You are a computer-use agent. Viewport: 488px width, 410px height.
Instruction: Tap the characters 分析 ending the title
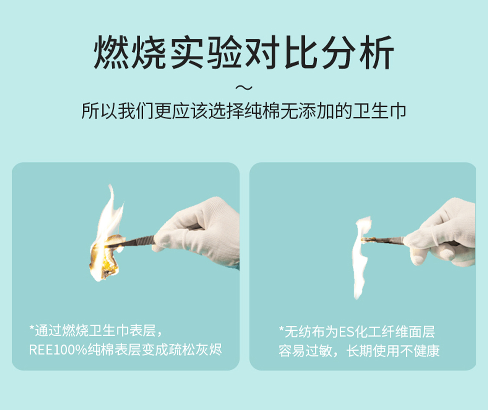(358, 52)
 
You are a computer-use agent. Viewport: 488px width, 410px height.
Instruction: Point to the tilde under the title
(244, 88)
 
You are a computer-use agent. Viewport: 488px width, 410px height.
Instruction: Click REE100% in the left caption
(58, 350)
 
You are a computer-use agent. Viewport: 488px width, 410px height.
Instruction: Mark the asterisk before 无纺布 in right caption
(282, 329)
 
